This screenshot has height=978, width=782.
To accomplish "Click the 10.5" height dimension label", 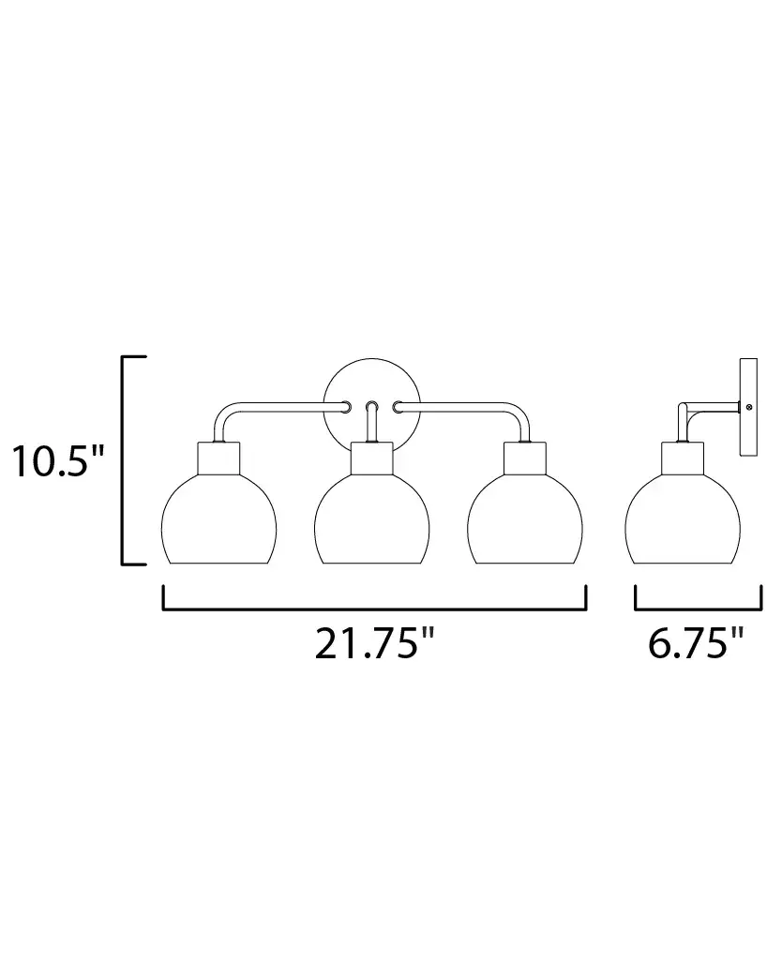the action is (57, 462).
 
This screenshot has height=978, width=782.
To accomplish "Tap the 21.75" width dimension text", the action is (373, 643).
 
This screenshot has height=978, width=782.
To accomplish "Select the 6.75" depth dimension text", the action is (696, 643).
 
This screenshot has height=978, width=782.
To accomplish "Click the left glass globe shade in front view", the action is (218, 519).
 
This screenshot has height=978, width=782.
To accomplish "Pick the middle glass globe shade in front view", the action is (371, 519).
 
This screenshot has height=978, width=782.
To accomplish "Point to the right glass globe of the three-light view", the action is (525, 519).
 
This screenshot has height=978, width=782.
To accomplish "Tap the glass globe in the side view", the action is (683, 519).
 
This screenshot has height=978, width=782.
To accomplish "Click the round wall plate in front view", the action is (371, 374).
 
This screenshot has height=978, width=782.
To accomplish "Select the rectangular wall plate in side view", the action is (748, 407).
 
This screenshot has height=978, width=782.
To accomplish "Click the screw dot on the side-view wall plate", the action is (749, 407).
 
